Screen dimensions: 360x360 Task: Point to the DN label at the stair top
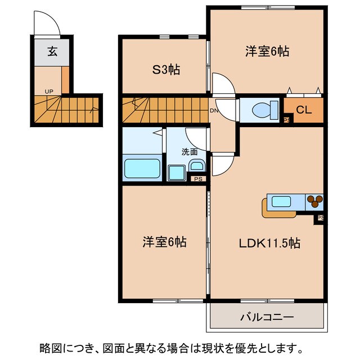[214, 110]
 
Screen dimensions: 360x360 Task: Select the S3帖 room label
[167, 70]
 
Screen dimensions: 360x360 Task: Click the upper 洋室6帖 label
[267, 51]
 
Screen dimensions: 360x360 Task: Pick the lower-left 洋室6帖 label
[164, 242]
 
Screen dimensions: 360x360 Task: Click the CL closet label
[304, 111]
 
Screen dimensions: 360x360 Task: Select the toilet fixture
[264, 109]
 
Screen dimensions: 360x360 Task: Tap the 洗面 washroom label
[189, 151]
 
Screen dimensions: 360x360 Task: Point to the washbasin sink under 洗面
[197, 166]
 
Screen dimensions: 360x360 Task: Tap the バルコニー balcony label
[267, 317]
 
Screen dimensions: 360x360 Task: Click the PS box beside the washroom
[198, 179]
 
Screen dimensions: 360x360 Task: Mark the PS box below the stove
[320, 218]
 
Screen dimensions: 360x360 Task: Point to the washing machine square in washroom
[177, 172]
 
